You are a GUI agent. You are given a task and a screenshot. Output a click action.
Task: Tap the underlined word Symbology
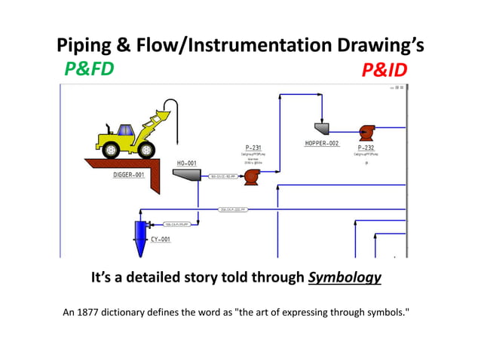pyautogui.click(x=345, y=278)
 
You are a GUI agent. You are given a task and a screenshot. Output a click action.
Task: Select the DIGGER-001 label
pyautogui.click(x=129, y=174)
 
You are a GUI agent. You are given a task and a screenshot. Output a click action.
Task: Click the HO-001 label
pyautogui.click(x=186, y=163)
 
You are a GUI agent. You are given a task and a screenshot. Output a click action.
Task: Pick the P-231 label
pyautogui.click(x=253, y=148)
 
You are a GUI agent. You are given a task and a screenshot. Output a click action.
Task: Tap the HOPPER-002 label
pyautogui.click(x=322, y=143)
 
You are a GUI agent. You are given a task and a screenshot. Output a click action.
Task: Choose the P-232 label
pyautogui.click(x=366, y=148)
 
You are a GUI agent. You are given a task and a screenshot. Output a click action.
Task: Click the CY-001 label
pyautogui.click(x=160, y=239)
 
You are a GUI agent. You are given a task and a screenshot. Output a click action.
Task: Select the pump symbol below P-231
pyautogui.click(x=253, y=177)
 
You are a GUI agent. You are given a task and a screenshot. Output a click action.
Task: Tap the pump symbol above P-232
pyautogui.click(x=366, y=130)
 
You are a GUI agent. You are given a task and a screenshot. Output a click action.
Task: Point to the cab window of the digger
pyautogui.click(x=124, y=131)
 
